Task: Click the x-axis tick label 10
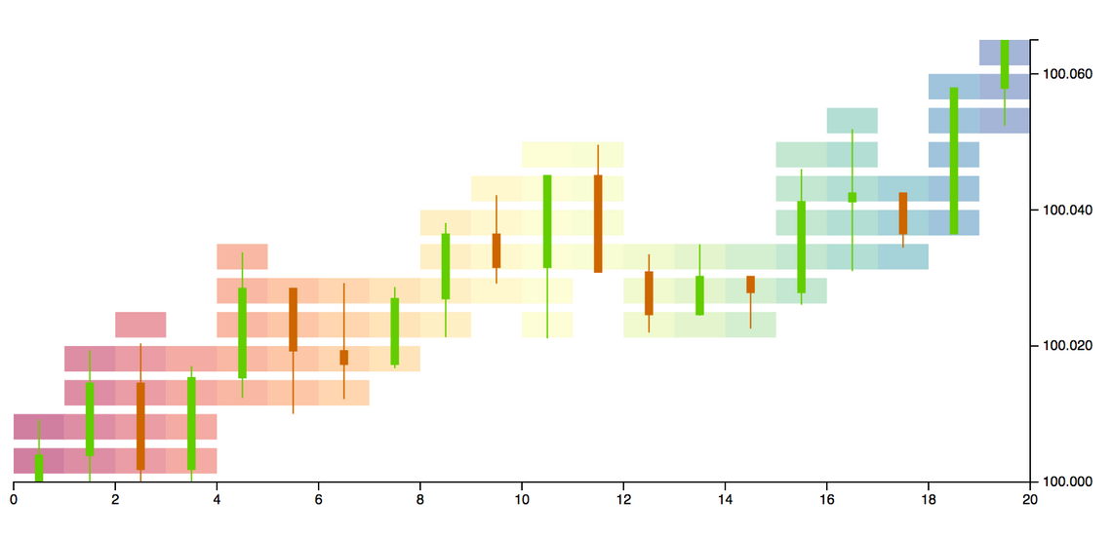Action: (522, 500)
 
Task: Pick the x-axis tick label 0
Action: (14, 500)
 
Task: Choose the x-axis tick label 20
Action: (1030, 500)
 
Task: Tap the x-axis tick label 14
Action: (725, 500)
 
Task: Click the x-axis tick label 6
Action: (319, 500)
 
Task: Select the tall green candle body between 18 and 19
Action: (954, 161)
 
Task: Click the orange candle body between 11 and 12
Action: (598, 223)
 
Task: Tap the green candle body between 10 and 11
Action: (547, 221)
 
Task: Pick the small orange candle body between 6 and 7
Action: (343, 358)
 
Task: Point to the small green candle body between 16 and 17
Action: (853, 197)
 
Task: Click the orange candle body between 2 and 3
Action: (140, 426)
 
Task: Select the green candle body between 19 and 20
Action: (1005, 64)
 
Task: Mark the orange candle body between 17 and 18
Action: (903, 213)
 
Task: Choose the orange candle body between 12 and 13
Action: (649, 293)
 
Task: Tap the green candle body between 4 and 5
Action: (242, 332)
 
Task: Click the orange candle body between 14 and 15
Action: (750, 285)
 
